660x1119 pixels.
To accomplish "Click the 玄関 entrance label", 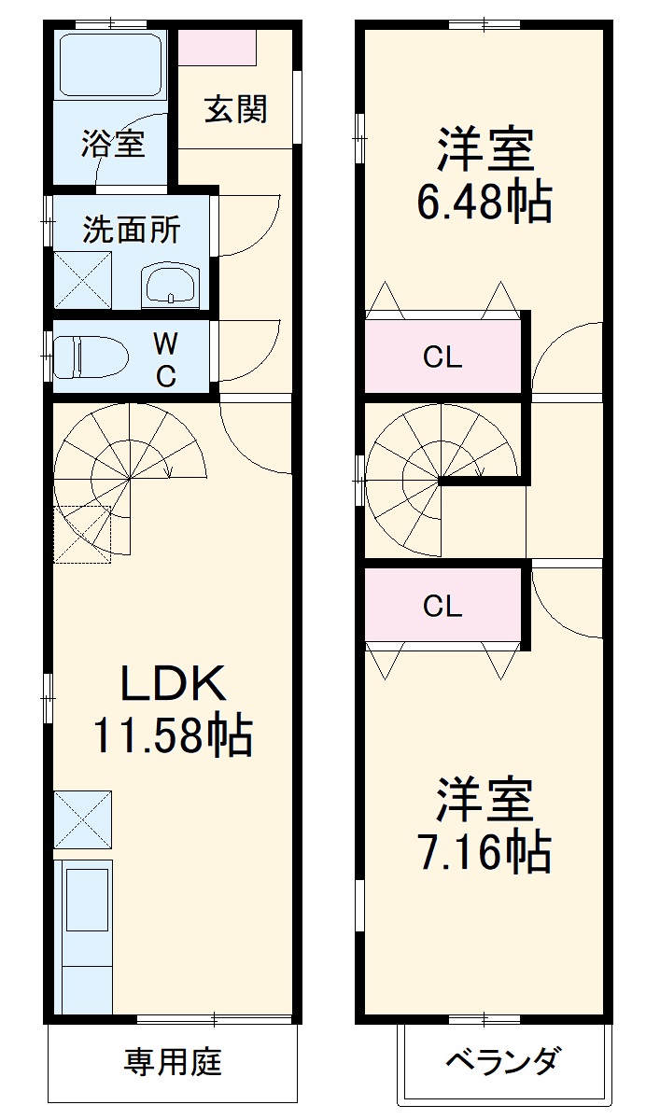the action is (x=236, y=109).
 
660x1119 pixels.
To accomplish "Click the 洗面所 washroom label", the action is (x=132, y=230).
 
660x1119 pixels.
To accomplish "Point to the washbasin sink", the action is (x=170, y=284).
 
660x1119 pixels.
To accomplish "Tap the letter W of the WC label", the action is (x=164, y=343).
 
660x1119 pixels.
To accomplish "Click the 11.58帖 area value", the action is (x=172, y=736).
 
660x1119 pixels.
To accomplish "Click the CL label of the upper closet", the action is (x=442, y=357).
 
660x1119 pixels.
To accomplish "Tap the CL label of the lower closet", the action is (x=442, y=607).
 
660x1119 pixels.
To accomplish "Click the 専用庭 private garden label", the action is (x=173, y=1062).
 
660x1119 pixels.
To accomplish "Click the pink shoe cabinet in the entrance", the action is (x=217, y=48).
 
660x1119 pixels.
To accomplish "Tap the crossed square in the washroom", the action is (x=82, y=279).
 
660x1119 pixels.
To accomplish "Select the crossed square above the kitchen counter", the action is (x=82, y=818).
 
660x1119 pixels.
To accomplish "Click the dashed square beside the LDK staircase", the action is (x=82, y=534).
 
